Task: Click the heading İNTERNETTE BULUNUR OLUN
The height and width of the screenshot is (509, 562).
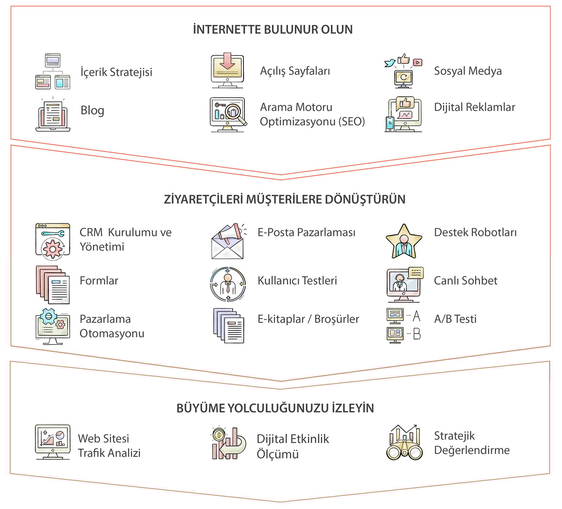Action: (x=273, y=30)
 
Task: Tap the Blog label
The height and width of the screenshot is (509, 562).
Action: (x=92, y=110)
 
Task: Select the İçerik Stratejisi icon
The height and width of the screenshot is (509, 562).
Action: (x=53, y=71)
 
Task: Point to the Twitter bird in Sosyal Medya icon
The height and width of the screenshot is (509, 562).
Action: (x=390, y=63)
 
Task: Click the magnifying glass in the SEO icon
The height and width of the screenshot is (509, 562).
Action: (x=234, y=112)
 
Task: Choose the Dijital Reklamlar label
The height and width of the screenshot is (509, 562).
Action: (x=475, y=107)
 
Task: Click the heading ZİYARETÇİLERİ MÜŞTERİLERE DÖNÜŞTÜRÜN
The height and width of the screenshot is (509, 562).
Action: (x=284, y=199)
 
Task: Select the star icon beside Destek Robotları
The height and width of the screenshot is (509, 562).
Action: (x=404, y=241)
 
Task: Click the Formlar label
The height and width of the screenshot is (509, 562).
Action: (x=99, y=281)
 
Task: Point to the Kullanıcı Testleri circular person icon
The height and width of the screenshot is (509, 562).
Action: (x=228, y=284)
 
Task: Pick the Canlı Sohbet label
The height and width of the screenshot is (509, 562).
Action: (x=466, y=281)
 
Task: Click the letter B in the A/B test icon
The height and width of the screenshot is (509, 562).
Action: (x=417, y=334)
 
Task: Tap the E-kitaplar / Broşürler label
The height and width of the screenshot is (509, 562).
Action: (x=308, y=319)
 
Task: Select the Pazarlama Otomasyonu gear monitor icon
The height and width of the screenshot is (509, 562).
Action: (x=53, y=326)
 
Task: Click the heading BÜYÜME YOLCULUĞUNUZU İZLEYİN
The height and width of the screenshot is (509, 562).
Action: (x=275, y=408)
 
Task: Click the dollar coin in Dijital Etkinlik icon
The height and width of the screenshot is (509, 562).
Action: (x=219, y=435)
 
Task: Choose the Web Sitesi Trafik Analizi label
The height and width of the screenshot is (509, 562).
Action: (x=109, y=446)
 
